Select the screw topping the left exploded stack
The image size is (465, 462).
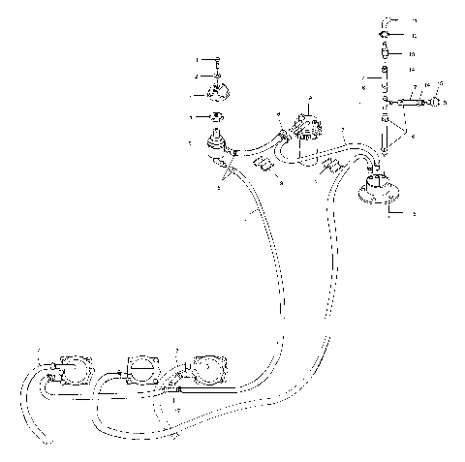click(217, 60)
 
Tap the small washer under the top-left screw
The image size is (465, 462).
click(217, 76)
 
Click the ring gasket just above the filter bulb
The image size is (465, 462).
click(215, 119)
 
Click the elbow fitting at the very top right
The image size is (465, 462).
click(387, 19)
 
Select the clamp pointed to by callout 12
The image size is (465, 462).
click(386, 36)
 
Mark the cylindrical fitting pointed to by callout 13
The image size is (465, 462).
click(386, 54)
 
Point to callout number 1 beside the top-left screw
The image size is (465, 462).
click(198, 60)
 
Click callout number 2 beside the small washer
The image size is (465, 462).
click(198, 76)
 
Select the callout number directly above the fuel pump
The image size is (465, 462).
click(309, 98)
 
